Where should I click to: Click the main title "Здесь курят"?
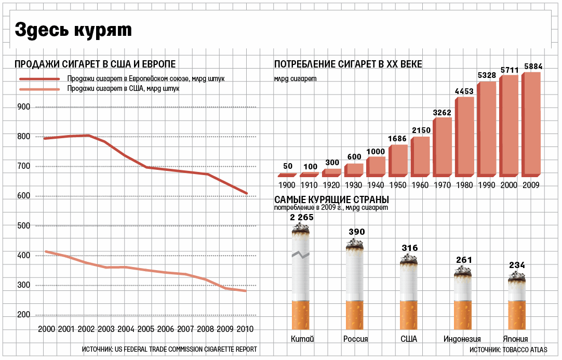[73, 30]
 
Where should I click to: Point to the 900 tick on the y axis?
[24, 107]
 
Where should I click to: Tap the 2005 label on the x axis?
[146, 329]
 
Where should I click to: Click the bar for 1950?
[397, 160]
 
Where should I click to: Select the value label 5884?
[533, 66]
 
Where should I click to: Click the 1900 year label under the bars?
[287, 185]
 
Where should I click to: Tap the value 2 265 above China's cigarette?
[301, 218]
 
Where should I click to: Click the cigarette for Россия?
[355, 286]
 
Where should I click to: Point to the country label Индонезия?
[462, 339]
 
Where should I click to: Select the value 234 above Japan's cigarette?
[517, 265]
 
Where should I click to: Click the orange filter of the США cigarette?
[409, 314]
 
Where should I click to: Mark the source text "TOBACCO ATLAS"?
[524, 350]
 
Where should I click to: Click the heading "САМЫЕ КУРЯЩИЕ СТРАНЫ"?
[332, 200]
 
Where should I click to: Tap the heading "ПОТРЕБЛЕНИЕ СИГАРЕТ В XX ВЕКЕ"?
[348, 64]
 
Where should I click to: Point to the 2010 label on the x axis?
[245, 329]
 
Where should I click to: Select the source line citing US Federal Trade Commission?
[169, 350]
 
